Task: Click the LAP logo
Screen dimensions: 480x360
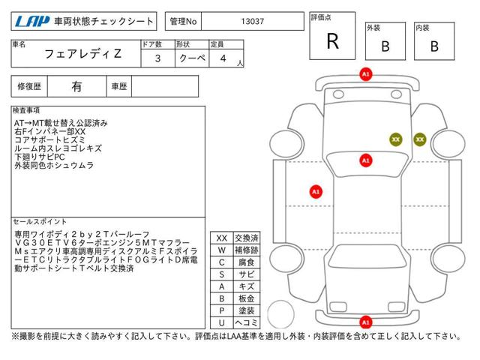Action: pyautogui.click(x=32, y=22)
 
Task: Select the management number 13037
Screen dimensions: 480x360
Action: pyautogui.click(x=252, y=22)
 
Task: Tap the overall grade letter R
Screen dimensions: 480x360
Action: pyautogui.click(x=333, y=41)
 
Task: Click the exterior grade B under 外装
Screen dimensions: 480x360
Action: pyautogui.click(x=385, y=46)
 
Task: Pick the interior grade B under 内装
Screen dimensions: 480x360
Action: pyautogui.click(x=434, y=46)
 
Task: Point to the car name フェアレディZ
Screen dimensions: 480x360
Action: pyautogui.click(x=83, y=54)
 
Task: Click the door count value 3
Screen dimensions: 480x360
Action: pyautogui.click(x=157, y=58)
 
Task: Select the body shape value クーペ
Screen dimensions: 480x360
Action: pyautogui.click(x=192, y=58)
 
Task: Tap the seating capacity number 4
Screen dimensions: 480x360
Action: pyautogui.click(x=223, y=58)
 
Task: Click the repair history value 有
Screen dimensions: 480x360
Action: pyautogui.click(x=76, y=87)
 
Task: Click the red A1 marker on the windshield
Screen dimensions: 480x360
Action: pyautogui.click(x=366, y=160)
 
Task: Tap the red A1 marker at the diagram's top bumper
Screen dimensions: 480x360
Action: pyautogui.click(x=366, y=74)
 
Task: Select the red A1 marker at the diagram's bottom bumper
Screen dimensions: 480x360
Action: pyautogui.click(x=366, y=322)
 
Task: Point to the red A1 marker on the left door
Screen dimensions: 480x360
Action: pyautogui.click(x=316, y=192)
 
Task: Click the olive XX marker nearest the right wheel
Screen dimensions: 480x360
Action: pyautogui.click(x=420, y=139)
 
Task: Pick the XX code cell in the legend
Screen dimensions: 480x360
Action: pyautogui.click(x=222, y=238)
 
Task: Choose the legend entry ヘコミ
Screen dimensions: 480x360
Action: pyautogui.click(x=247, y=322)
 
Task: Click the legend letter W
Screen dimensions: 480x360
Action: pyautogui.click(x=222, y=250)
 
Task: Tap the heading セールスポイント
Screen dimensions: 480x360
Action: pyautogui.click(x=40, y=222)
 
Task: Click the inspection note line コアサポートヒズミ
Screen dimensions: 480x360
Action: pyautogui.click(x=50, y=140)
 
